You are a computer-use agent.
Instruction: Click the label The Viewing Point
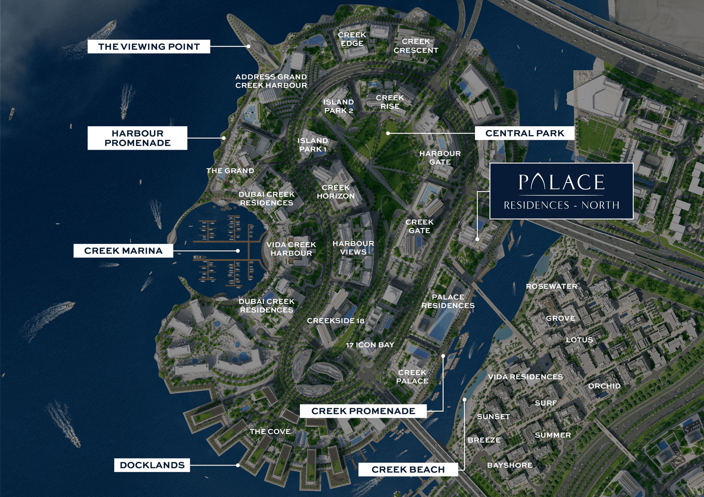pos(148,46)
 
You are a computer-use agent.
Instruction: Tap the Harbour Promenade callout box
pos(137,138)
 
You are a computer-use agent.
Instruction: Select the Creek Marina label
pos(123,251)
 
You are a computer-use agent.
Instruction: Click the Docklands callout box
pos(152,465)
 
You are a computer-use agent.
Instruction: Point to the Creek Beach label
pos(408,469)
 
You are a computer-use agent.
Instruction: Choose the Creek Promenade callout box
pos(363,411)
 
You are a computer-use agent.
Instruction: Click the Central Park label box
pos(524,133)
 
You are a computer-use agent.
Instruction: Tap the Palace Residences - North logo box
pos(561,191)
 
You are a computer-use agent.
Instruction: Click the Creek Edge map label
pos(352,39)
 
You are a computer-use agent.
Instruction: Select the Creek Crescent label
pos(416,46)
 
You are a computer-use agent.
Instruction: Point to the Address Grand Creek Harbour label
pos(271,81)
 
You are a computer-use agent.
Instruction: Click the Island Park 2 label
pos(338,106)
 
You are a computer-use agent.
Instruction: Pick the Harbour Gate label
pos(440,158)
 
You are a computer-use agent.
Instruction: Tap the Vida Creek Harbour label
pos(291,249)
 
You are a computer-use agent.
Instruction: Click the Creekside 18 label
pos(336,321)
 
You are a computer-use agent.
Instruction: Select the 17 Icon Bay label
pos(370,344)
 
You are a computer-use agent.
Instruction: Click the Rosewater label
pos(551,286)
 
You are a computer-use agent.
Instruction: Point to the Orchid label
pos(604,386)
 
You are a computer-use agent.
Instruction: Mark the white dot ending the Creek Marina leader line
pos(238,251)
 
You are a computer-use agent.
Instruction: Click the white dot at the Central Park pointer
pos(388,133)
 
